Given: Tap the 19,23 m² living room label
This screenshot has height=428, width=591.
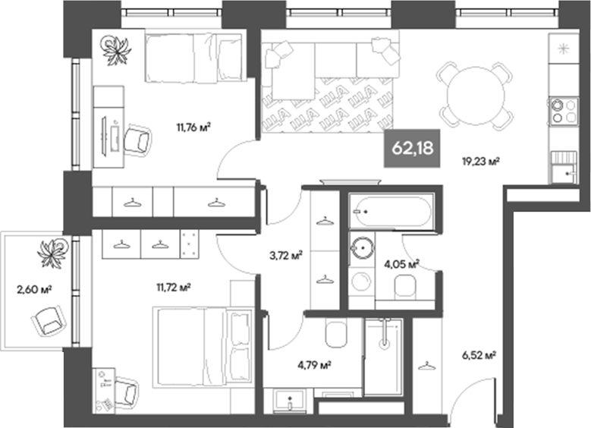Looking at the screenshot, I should tap(480, 161).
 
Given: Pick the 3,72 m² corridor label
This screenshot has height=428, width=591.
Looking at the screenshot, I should tap(288, 255).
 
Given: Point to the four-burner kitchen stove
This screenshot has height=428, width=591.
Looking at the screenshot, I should tap(562, 111).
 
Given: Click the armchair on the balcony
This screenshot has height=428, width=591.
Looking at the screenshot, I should tap(48, 321).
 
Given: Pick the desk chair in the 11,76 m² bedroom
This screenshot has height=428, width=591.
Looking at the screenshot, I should tap(137, 140).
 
